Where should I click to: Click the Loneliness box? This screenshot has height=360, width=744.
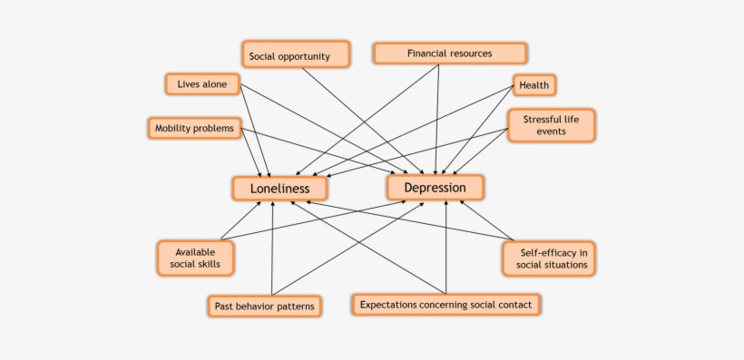[279, 189]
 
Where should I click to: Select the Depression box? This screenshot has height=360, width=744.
[435, 188]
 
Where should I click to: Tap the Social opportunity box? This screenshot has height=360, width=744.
[296, 54]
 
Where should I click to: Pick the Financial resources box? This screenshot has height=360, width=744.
[449, 54]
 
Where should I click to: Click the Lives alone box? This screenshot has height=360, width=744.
[202, 84]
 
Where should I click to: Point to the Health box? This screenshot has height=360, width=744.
[534, 85]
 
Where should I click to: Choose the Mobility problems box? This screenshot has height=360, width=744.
[196, 128]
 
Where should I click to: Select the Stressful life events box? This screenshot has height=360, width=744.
[551, 125]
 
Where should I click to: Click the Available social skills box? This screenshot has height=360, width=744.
[194, 258]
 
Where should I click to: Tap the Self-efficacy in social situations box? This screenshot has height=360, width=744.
[548, 258]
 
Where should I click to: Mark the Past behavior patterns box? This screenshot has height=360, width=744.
[264, 306]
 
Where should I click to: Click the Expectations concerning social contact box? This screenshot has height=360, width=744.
[445, 305]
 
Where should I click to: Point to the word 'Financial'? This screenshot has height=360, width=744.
[429, 54]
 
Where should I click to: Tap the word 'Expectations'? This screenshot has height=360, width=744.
[388, 305]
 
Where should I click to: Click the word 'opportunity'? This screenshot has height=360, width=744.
[308, 55]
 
